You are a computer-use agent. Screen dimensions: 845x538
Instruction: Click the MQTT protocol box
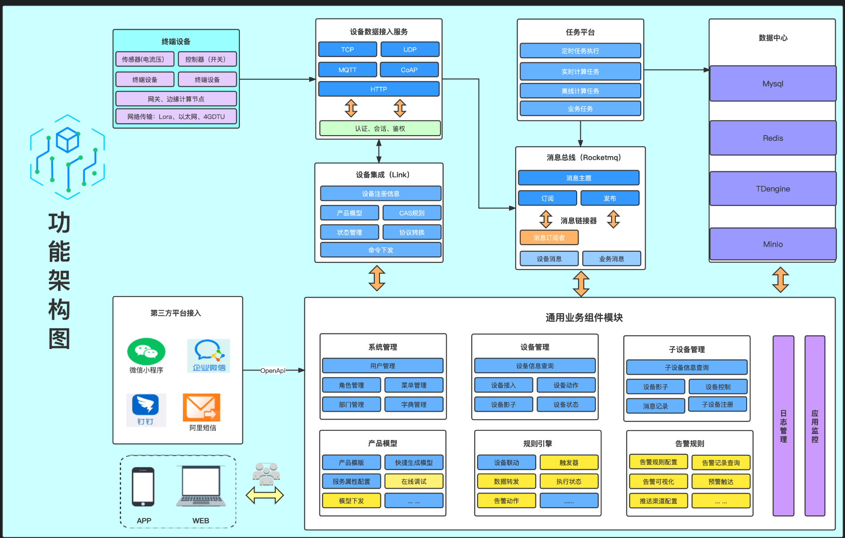click(348, 70)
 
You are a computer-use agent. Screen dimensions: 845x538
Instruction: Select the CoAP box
click(409, 70)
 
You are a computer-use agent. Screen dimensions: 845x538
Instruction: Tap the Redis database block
click(773, 138)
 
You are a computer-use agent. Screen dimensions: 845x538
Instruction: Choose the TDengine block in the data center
click(773, 189)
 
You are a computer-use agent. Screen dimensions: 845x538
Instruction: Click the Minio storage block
click(773, 244)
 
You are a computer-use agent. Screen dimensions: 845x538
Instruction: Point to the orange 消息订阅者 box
click(549, 237)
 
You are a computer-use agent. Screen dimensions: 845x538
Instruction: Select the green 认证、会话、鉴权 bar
click(380, 128)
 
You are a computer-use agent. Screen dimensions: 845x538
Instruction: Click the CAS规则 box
click(412, 213)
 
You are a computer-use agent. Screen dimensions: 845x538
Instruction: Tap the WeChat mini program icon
click(146, 351)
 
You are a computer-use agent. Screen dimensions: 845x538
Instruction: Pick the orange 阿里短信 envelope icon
click(202, 407)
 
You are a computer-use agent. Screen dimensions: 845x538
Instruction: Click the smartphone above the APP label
click(143, 487)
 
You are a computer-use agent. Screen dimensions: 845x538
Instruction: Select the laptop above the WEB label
click(201, 486)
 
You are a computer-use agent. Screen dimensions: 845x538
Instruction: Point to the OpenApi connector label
click(273, 370)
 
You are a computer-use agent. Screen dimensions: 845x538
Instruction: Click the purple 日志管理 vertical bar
click(784, 426)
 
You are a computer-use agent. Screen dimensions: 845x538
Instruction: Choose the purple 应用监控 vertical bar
click(815, 426)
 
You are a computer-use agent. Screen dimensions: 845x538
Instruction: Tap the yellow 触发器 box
click(569, 462)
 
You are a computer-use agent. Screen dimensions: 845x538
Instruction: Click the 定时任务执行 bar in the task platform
click(580, 51)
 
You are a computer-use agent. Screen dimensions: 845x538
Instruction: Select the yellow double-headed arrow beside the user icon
click(265, 495)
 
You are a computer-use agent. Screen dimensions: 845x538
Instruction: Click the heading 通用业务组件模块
click(584, 317)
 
